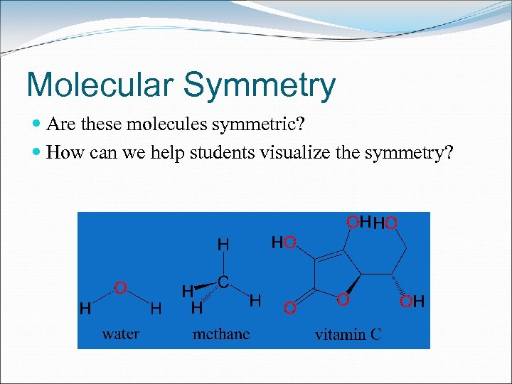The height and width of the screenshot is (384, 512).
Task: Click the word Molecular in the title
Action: (100, 85)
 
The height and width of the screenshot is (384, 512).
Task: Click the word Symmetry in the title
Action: (259, 86)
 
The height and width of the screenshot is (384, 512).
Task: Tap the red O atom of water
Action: (121, 287)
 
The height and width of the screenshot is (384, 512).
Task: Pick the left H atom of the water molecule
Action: (85, 309)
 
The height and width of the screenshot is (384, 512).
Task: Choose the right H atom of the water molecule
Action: (156, 309)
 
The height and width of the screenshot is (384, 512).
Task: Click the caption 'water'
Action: (121, 333)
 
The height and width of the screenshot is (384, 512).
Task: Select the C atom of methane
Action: (223, 282)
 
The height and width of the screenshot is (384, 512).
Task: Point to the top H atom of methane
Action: (223, 245)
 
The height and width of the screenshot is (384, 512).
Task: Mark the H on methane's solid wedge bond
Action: (187, 291)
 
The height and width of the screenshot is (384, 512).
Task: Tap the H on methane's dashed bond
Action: (197, 309)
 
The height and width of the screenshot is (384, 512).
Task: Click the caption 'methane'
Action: (221, 333)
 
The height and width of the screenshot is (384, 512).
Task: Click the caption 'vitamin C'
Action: (348, 334)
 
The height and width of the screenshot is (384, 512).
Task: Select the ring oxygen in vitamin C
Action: (343, 301)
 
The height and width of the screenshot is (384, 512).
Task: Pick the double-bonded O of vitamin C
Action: (289, 308)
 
